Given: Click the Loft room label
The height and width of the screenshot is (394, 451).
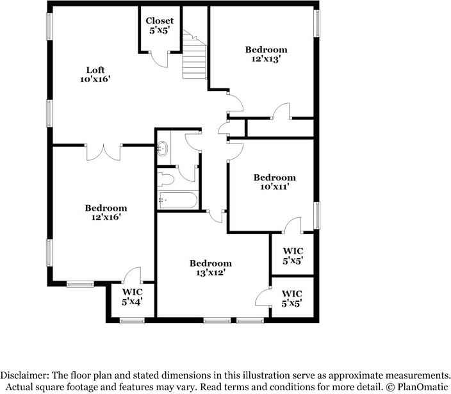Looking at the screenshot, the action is coord(95,70).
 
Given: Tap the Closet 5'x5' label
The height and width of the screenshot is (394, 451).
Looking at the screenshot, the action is coord(160,26).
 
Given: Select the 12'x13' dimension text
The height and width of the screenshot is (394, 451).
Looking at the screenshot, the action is coord(266,59).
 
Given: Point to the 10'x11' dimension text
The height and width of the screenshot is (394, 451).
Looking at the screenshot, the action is coord(274,186).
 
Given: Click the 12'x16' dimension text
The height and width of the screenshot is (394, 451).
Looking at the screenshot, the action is coord(106,217).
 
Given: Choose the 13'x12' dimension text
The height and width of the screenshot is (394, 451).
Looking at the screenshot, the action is coord(210,272).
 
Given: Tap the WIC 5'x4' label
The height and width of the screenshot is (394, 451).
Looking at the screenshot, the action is coord(133,297).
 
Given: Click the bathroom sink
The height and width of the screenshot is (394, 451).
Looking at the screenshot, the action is coord(163,149).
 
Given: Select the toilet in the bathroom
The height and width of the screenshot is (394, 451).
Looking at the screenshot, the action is coord(166,179).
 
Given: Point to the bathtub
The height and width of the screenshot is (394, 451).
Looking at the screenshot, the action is coord(177,200).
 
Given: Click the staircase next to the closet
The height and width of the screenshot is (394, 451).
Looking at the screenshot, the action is coord(195,54).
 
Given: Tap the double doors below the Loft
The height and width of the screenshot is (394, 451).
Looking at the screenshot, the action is coord(103,152).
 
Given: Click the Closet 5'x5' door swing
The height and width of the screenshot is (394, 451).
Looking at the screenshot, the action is coord(159,59).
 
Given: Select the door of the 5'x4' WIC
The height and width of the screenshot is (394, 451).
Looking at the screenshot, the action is coord(133,275).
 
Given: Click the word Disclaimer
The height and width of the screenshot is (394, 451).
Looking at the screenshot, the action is coord(25,375).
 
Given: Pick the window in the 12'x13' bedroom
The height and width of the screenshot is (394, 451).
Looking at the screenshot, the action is coord(316,24).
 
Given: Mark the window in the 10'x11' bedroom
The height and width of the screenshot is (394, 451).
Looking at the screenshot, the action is coord(316,216).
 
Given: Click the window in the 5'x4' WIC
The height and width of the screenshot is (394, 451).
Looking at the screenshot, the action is coord(132,320).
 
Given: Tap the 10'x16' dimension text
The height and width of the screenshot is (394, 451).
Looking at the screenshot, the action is coord(95,79).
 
